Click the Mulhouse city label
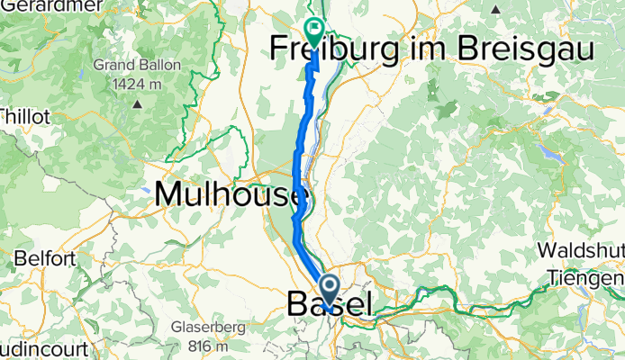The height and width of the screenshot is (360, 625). tap(231, 193)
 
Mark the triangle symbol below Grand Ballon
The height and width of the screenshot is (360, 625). tap(137, 103)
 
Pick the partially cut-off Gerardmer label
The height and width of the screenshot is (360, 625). tap(27, 5)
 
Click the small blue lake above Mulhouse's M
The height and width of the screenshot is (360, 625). tap(147, 191)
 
